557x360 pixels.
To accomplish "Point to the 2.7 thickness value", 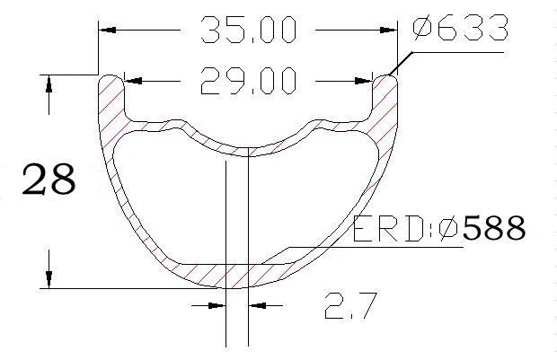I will coord(349,307).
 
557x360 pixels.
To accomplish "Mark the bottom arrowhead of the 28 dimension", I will coord(48,279).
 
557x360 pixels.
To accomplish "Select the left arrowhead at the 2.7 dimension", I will coord(217,306).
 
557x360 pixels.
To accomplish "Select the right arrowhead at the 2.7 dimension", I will coord(255,306).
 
